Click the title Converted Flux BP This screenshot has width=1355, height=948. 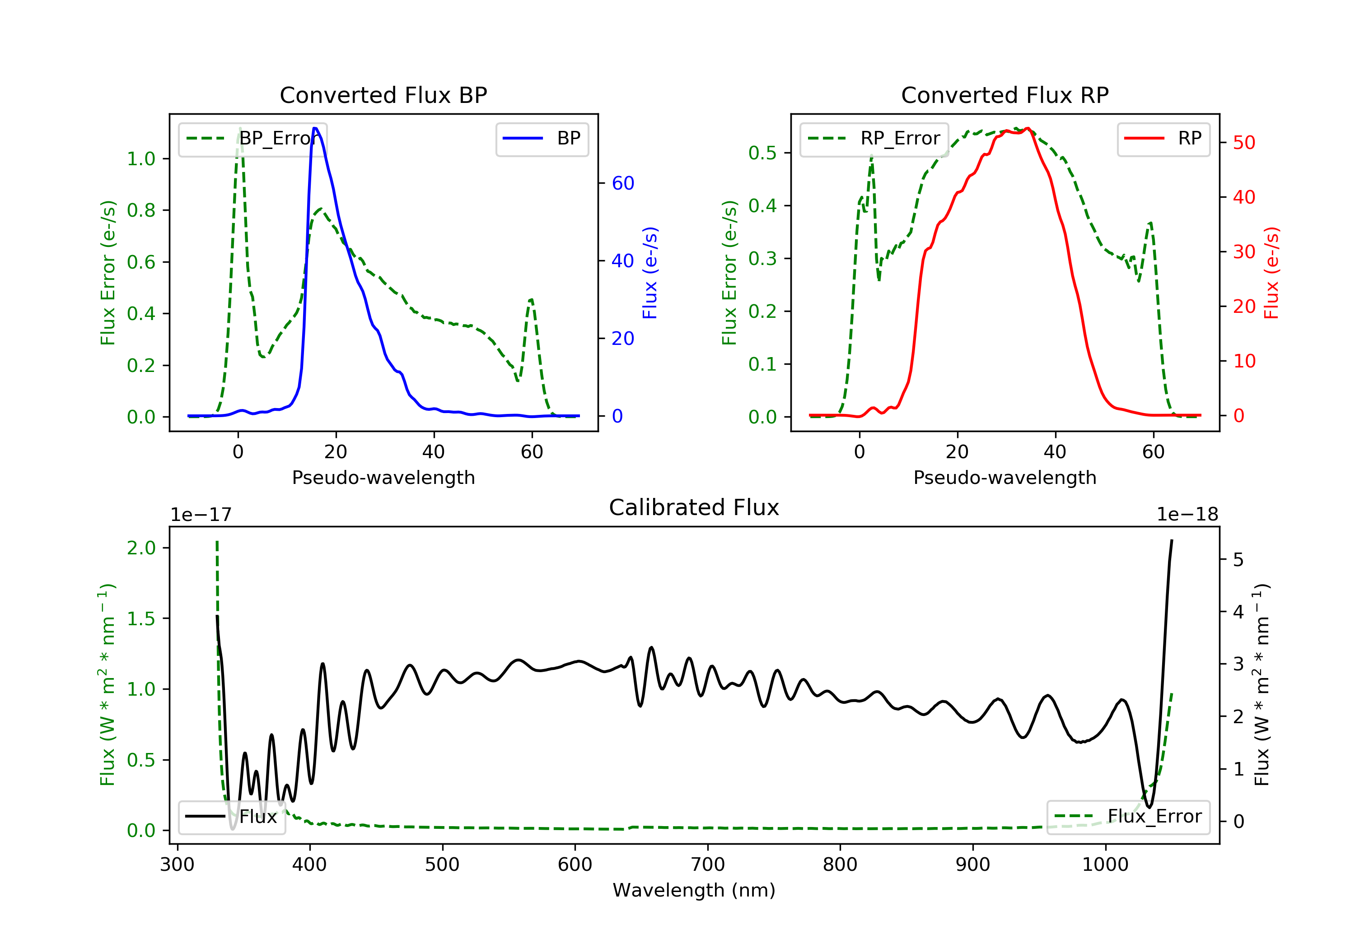(x=383, y=95)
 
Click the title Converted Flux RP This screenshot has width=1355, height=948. (x=1005, y=95)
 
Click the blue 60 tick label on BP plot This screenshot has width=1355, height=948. (x=622, y=183)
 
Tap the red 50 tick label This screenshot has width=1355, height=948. (x=1243, y=143)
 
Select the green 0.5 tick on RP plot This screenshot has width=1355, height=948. (x=762, y=153)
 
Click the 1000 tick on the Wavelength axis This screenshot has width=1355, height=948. (x=1105, y=865)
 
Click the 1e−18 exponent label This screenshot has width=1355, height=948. (x=1187, y=515)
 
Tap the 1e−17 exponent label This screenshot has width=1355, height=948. (x=201, y=515)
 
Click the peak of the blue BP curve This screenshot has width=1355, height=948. (x=315, y=128)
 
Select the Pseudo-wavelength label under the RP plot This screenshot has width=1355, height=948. (x=1005, y=477)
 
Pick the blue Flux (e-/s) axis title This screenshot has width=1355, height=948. (x=650, y=273)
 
